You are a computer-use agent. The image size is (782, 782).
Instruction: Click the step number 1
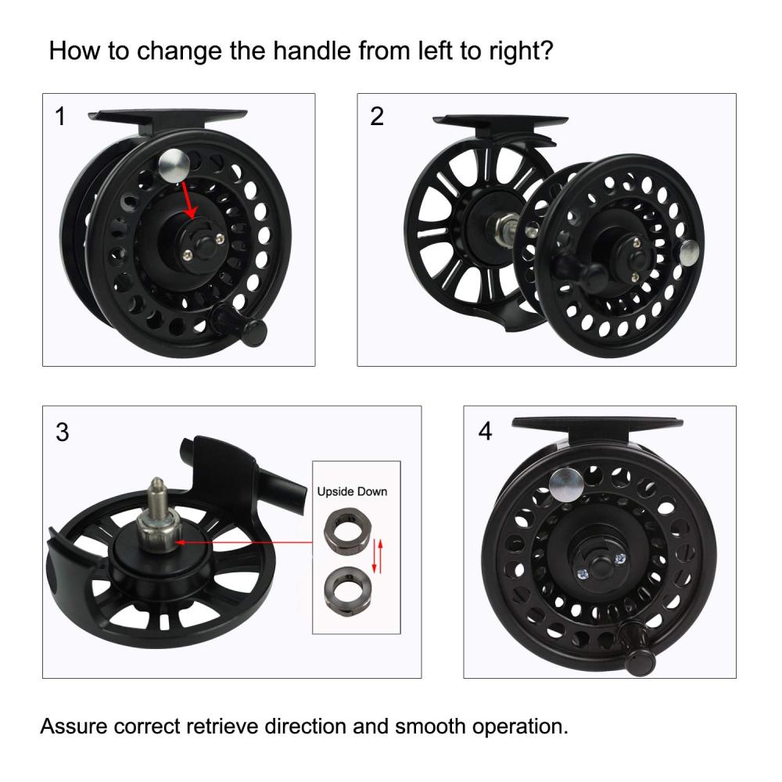click(x=60, y=117)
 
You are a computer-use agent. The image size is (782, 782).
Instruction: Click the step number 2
click(x=377, y=117)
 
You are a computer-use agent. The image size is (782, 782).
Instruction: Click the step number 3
click(x=63, y=432)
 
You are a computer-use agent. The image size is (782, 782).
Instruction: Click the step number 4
click(x=486, y=431)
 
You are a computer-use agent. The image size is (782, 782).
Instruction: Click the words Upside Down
click(x=352, y=492)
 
